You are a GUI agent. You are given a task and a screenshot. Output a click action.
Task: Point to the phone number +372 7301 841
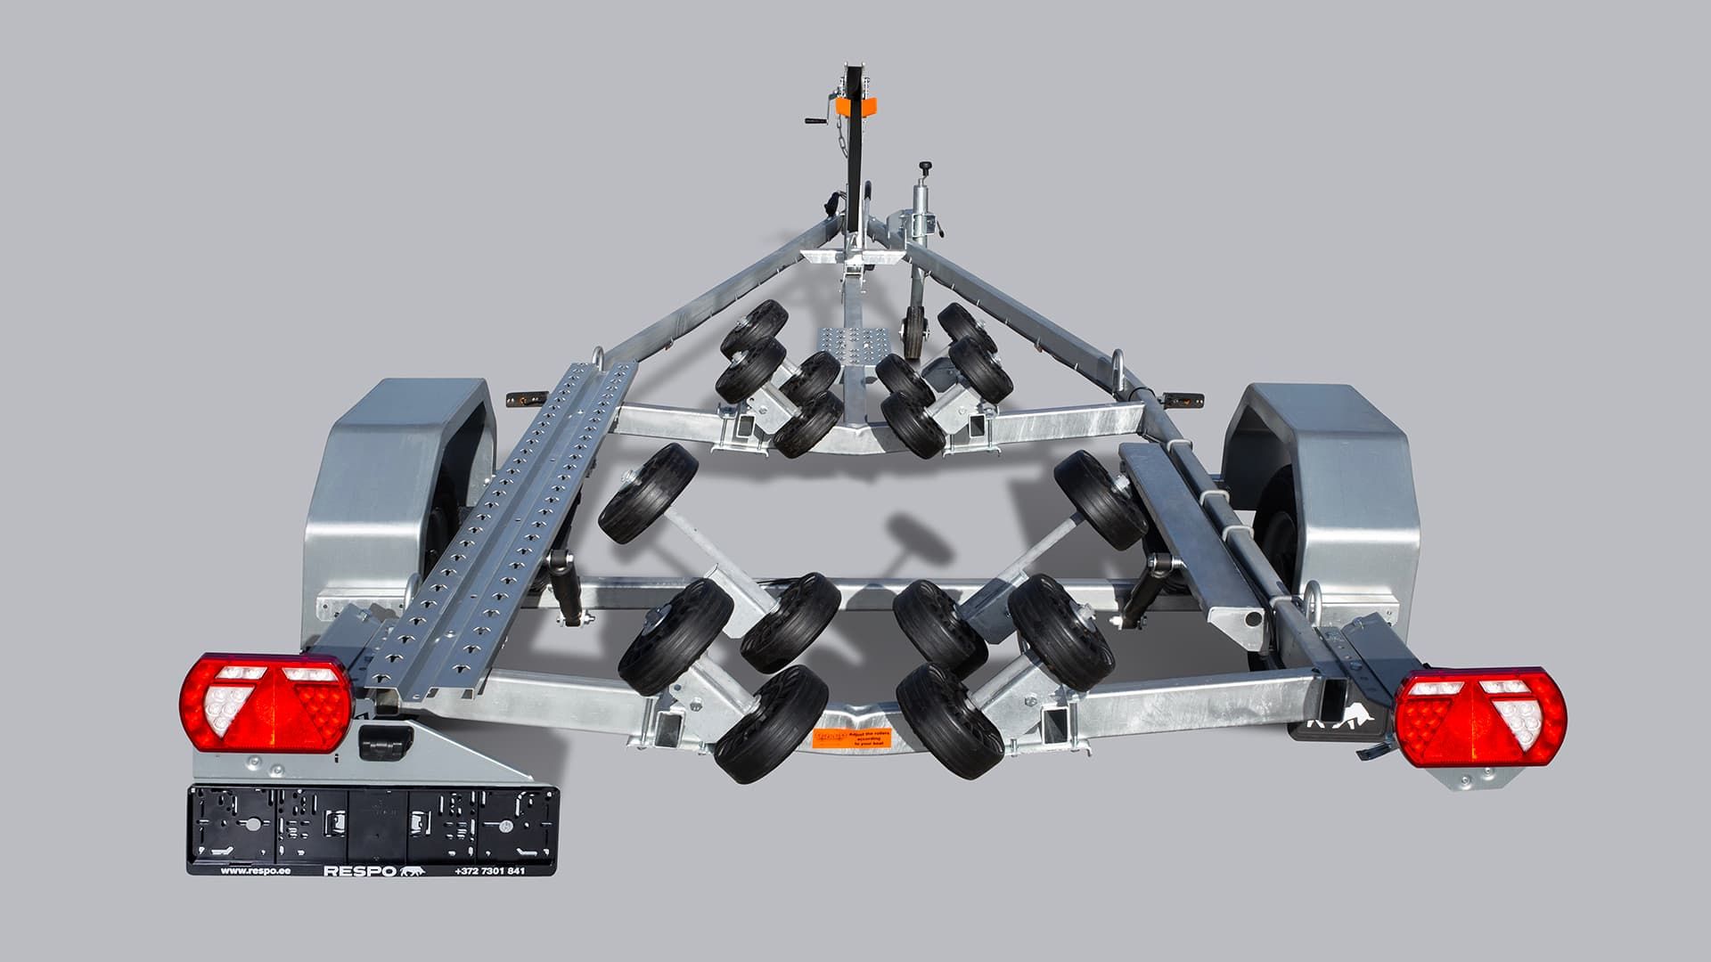(489, 870)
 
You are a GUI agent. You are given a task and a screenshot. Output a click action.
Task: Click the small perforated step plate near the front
(836, 341)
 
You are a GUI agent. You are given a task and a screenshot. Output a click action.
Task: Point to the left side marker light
(518, 399)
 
